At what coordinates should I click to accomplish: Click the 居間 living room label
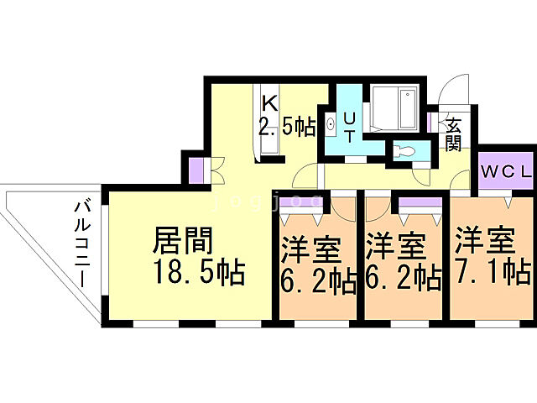181,243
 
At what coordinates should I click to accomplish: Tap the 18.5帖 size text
198,273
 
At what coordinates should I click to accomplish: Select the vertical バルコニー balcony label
83,243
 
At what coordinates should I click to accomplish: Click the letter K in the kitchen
269,104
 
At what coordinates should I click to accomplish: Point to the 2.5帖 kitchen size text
286,127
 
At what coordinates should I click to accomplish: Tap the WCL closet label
506,172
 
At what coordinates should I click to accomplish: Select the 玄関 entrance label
453,133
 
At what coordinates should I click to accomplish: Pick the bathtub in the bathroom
394,107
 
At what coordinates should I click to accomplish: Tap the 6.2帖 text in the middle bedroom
404,278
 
